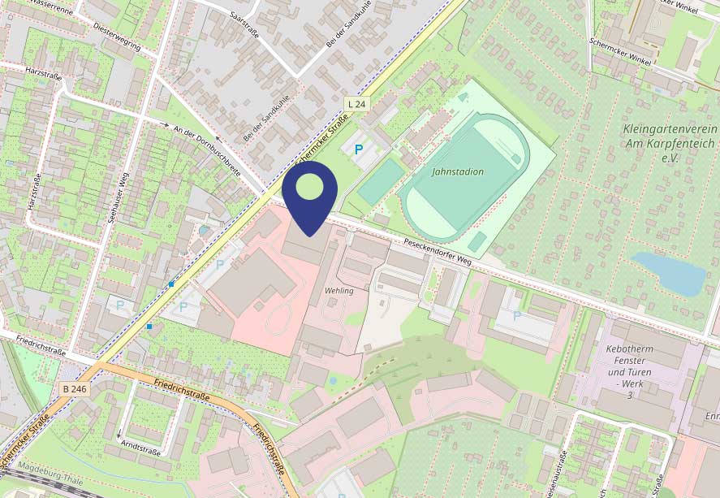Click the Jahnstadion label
[x=458, y=171]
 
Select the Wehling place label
[x=339, y=290]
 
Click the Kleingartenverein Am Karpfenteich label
[x=669, y=143]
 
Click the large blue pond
[x=670, y=273]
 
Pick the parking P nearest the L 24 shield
[x=358, y=149]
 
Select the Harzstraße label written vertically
[x=34, y=191]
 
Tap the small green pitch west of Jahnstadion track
[x=381, y=181]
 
